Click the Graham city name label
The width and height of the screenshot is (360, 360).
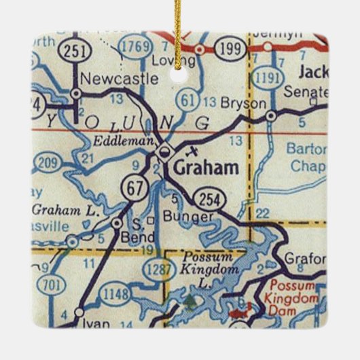[206, 167]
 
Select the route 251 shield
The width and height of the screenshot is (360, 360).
[71, 50]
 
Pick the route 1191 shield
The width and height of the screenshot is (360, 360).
[272, 77]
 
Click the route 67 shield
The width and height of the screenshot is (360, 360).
[129, 187]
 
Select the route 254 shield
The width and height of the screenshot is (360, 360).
[208, 199]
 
